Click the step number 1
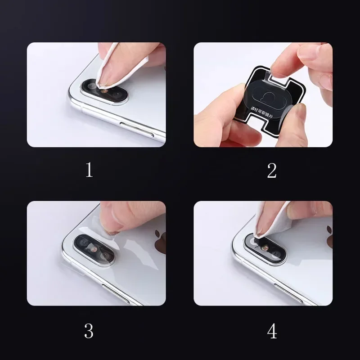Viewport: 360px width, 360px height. click(x=89, y=170)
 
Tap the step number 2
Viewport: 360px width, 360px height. click(x=271, y=170)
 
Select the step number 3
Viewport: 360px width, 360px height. click(x=89, y=331)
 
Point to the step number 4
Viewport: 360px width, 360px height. click(x=272, y=331)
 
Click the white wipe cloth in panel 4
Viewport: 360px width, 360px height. click(x=270, y=220)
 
